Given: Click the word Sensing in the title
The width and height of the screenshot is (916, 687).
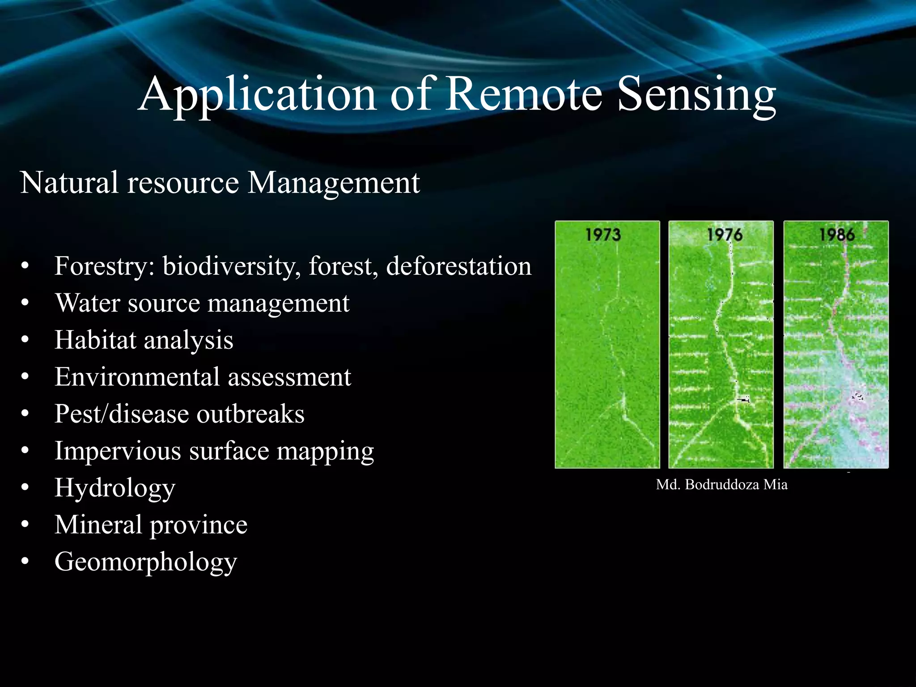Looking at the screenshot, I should tap(696, 95).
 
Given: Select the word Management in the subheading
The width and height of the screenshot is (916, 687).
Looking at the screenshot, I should tap(333, 183).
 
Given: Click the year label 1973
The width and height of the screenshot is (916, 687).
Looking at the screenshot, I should tap(603, 234).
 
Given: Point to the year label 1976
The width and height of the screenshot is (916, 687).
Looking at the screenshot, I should tap(725, 234).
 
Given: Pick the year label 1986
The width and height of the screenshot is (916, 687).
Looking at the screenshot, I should tap(837, 234).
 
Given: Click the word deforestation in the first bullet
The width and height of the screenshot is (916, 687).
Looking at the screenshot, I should tap(458, 266).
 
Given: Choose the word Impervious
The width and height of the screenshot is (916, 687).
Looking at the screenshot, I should tap(118, 451).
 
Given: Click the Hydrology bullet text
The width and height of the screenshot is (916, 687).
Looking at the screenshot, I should tap(115, 488).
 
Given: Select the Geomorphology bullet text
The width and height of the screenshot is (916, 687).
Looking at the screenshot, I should tap(145, 562).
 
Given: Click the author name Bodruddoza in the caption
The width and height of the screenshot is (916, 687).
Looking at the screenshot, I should tap(721, 485).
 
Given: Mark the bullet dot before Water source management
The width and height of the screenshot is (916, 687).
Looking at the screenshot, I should tap(25, 303).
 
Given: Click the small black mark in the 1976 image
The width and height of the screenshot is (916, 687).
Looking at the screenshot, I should tap(743, 399).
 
